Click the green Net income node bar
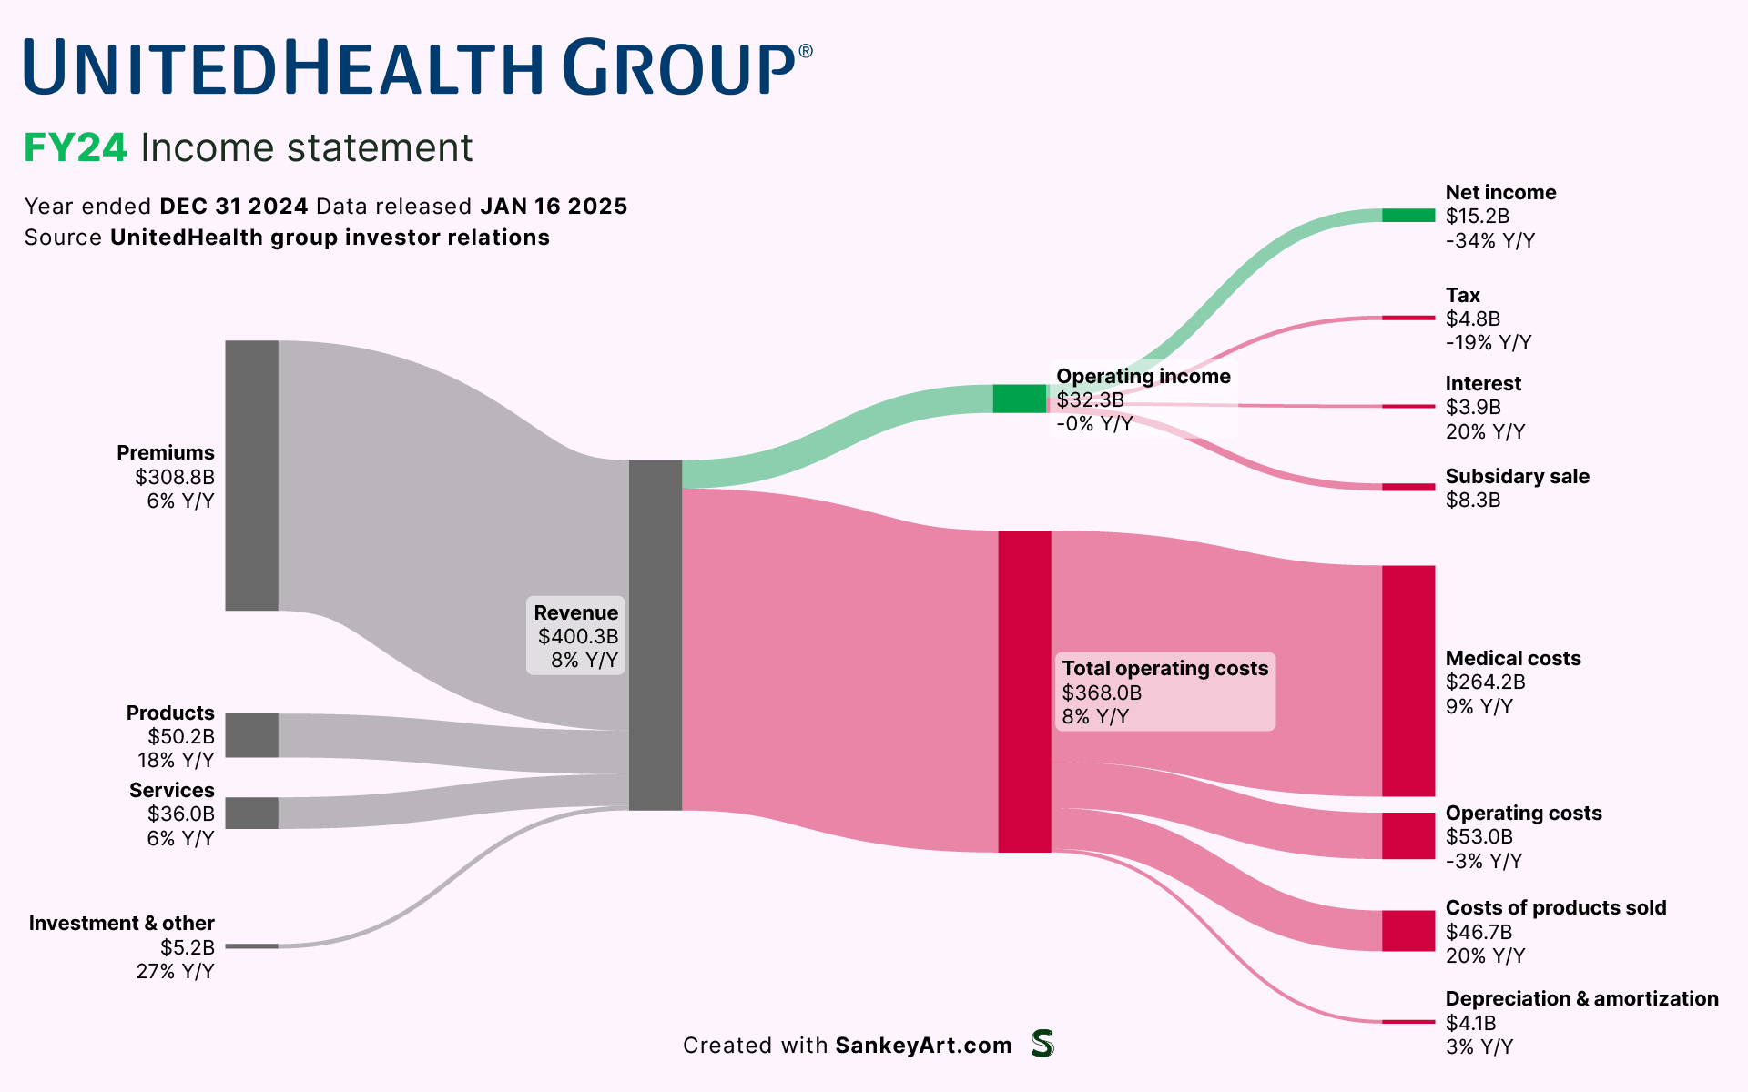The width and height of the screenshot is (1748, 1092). (1408, 216)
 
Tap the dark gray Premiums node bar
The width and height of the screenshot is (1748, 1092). (251, 475)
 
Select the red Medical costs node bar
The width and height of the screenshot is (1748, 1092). (1408, 681)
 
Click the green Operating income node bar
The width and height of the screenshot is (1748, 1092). (1019, 399)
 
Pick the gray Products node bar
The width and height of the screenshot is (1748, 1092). (251, 735)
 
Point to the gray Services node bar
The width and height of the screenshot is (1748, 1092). (251, 813)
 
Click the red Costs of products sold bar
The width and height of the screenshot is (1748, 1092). (1408, 931)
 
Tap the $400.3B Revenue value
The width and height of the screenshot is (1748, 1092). (577, 637)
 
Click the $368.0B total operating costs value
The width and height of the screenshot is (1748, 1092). (1102, 693)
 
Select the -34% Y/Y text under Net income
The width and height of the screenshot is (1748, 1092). (1489, 241)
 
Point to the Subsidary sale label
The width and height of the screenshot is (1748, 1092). (1517, 477)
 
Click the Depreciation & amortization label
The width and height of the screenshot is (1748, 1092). (1581, 999)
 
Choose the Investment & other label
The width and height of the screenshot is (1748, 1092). (121, 924)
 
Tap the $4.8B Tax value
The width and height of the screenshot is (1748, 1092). (1472, 319)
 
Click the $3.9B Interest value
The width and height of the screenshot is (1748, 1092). (1473, 408)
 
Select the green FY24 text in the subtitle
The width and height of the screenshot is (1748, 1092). (75, 148)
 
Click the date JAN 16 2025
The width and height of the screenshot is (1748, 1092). (554, 207)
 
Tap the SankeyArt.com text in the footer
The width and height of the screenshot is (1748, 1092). (923, 1046)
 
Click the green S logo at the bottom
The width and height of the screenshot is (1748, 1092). (1042, 1044)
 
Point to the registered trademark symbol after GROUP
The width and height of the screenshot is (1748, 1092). (805, 52)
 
